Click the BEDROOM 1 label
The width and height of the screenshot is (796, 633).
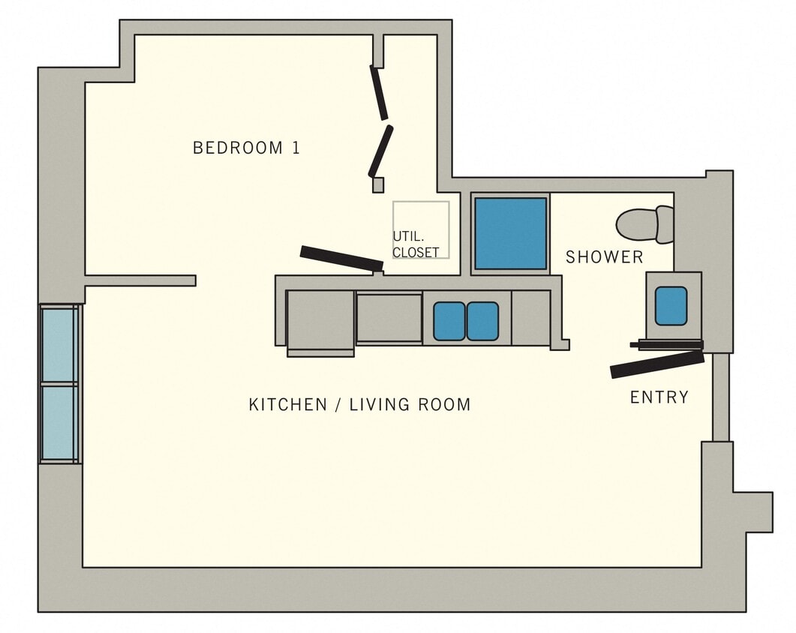point(246,148)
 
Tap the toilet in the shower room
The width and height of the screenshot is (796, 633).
point(644,224)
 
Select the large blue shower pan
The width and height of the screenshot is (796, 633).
point(510,234)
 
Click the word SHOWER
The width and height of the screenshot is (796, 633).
point(604,257)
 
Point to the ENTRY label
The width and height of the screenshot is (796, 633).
point(659,397)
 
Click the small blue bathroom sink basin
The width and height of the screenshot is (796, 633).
point(671,306)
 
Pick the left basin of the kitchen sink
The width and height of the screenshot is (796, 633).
point(449,321)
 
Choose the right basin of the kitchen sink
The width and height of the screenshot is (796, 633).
point(482,321)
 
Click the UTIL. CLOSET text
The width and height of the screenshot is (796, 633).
point(415,244)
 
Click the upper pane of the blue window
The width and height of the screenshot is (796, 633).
point(59,344)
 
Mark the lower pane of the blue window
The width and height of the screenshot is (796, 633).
point(59,422)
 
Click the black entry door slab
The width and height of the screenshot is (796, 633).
point(657,364)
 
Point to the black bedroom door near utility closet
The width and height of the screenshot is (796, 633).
point(341,258)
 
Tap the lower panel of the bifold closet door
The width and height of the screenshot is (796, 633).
point(380,151)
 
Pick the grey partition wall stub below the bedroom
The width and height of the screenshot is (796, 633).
point(140,280)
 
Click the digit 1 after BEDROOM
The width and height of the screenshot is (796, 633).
point(296,148)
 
